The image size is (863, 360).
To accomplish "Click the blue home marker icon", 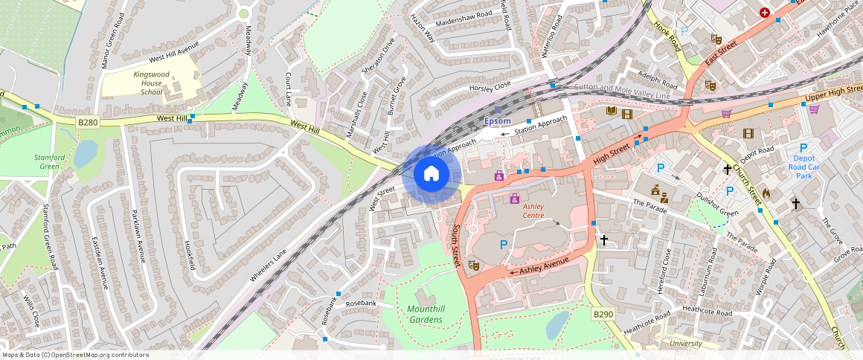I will [431, 175].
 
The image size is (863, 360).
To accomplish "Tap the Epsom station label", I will [498, 121].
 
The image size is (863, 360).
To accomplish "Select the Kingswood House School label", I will [152, 83].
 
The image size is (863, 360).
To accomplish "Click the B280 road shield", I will [88, 122].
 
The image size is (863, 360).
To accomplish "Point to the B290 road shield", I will [603, 315].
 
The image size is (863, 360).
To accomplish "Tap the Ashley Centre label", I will [534, 210].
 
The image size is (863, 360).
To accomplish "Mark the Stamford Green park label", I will [50, 161].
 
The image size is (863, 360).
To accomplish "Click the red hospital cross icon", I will [765, 13].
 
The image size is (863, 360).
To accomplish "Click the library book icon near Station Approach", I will [612, 112].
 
